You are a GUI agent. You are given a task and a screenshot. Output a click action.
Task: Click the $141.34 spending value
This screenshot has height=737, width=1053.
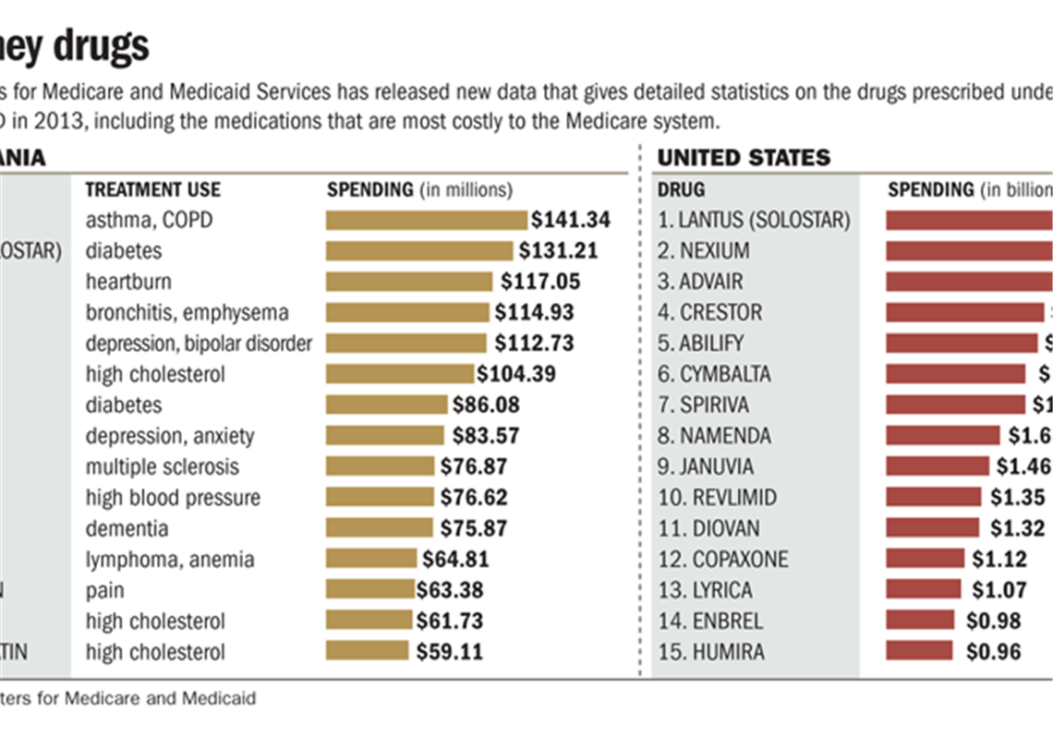click(x=570, y=220)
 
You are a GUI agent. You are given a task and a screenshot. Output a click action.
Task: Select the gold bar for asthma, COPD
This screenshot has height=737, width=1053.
click(x=427, y=220)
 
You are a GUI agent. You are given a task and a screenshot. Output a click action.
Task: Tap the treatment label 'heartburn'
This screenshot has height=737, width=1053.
click(x=128, y=281)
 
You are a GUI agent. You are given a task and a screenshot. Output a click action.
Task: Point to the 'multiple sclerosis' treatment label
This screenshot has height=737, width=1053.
click(x=163, y=466)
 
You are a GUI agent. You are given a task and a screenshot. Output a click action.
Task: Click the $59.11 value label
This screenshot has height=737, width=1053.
click(x=449, y=652)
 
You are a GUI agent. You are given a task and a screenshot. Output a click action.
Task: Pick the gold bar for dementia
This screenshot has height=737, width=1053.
click(x=379, y=528)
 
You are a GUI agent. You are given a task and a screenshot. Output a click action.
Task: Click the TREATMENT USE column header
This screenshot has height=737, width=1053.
click(x=153, y=189)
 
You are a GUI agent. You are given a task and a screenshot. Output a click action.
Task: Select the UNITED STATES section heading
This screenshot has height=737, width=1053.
click(x=744, y=158)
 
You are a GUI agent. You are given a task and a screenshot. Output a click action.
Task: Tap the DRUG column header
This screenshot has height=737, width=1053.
click(x=681, y=189)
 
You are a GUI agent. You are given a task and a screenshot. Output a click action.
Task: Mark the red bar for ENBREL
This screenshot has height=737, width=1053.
click(x=920, y=621)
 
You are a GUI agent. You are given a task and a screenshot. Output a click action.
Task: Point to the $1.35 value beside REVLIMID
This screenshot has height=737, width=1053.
click(x=1012, y=497)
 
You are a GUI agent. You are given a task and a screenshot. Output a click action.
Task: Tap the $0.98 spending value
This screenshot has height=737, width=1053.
click(x=993, y=621)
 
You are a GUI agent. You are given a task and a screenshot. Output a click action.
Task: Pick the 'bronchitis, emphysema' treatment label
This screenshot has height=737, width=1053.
click(x=188, y=312)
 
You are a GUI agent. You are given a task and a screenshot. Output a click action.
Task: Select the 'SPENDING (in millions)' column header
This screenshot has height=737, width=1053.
click(x=419, y=189)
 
